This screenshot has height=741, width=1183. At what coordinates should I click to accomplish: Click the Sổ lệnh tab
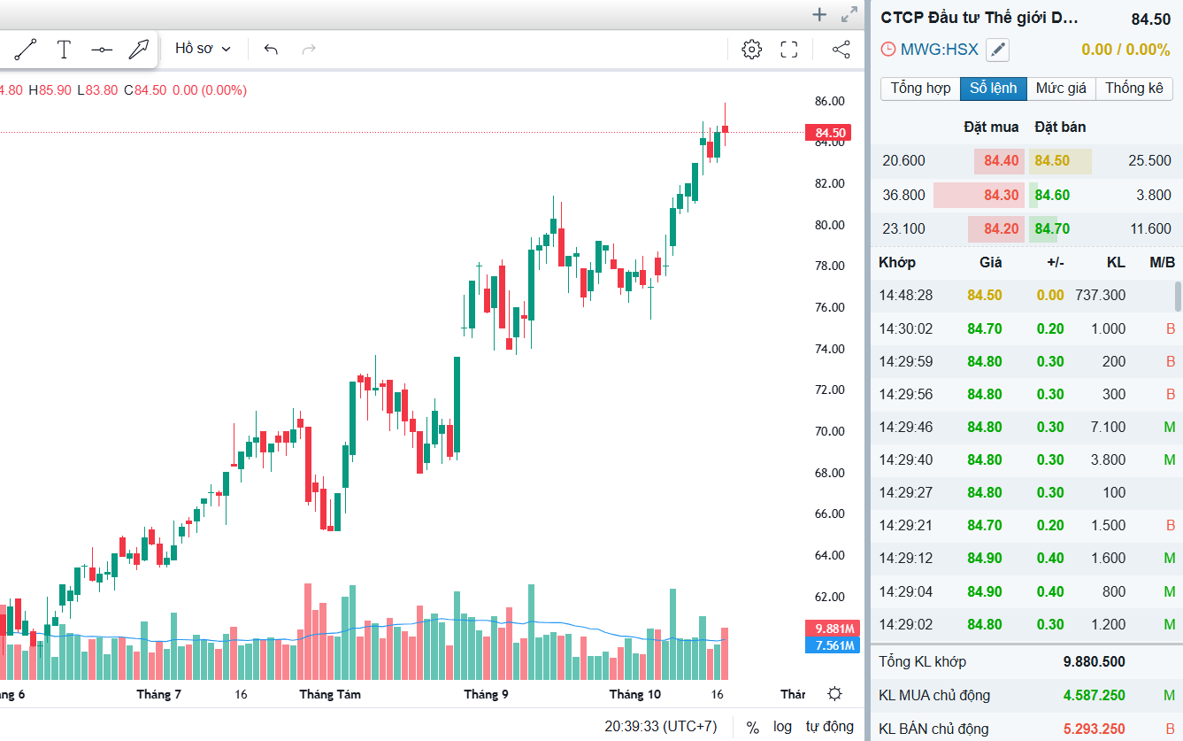click(x=994, y=89)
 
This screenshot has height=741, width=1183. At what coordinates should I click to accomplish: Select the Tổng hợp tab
click(x=920, y=89)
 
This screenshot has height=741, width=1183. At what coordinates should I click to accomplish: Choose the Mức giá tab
click(x=1061, y=89)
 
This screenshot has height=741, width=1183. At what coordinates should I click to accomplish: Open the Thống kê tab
click(x=1134, y=89)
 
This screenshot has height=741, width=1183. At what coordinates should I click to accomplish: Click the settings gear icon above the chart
click(x=751, y=50)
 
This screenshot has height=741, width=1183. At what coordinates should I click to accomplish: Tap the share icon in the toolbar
click(x=841, y=50)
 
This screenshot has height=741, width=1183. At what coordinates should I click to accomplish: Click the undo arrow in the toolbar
click(x=271, y=50)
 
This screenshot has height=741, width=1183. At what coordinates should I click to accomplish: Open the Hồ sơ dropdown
click(x=203, y=49)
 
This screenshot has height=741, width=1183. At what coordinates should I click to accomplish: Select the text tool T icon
click(x=64, y=50)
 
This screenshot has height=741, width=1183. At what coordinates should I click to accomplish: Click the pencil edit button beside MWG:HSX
click(x=997, y=50)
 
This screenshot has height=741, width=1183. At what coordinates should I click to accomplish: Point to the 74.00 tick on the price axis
click(x=829, y=349)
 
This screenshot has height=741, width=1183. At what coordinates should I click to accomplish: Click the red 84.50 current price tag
click(x=829, y=134)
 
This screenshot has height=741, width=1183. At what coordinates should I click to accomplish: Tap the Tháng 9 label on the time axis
click(x=486, y=694)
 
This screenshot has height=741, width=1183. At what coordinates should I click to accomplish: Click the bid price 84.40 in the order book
click(x=1001, y=161)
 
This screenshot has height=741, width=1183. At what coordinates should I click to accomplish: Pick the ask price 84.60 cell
click(x=1052, y=195)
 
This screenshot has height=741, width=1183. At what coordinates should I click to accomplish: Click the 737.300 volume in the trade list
click(x=1100, y=295)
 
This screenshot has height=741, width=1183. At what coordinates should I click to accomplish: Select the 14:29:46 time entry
click(x=905, y=427)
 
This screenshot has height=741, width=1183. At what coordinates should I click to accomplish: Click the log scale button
click(x=782, y=727)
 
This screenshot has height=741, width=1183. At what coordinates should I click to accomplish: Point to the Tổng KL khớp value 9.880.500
click(x=1094, y=662)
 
